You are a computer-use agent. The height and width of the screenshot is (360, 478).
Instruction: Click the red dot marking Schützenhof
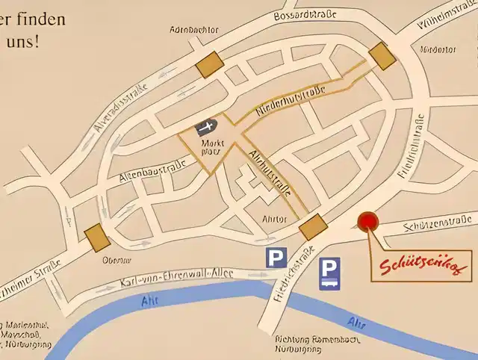368,222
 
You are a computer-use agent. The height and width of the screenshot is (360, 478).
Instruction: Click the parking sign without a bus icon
276,258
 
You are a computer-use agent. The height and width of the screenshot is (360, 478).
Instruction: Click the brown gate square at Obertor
96,238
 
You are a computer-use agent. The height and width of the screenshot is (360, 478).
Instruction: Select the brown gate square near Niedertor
382,55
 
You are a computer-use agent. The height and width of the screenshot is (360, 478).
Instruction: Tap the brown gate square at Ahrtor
312,227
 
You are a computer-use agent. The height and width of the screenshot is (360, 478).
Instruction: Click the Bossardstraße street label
305,15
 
